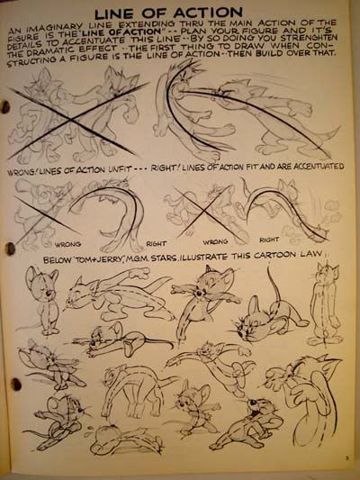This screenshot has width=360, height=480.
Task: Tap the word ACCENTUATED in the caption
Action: coord(319,167)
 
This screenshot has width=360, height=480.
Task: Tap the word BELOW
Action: coord(52,260)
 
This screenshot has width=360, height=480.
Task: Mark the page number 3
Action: coord(346,458)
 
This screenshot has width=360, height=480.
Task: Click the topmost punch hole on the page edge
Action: coord(4,107)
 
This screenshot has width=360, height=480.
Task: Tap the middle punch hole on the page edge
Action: coord(10,249)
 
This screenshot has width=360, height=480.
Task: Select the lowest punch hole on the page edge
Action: coord(15,385)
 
